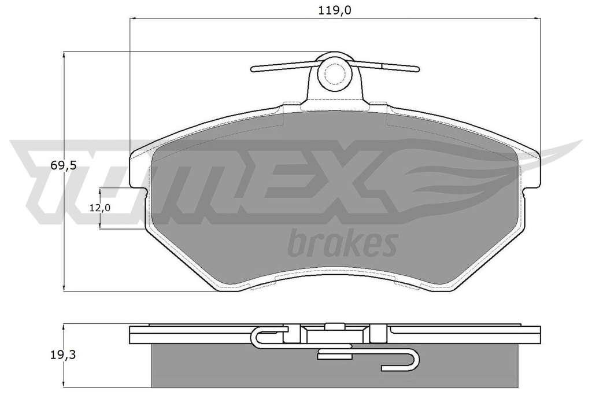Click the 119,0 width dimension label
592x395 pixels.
[335, 10]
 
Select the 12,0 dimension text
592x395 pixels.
[100, 208]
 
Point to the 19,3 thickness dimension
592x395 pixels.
[63, 355]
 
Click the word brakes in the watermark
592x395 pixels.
[342, 243]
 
